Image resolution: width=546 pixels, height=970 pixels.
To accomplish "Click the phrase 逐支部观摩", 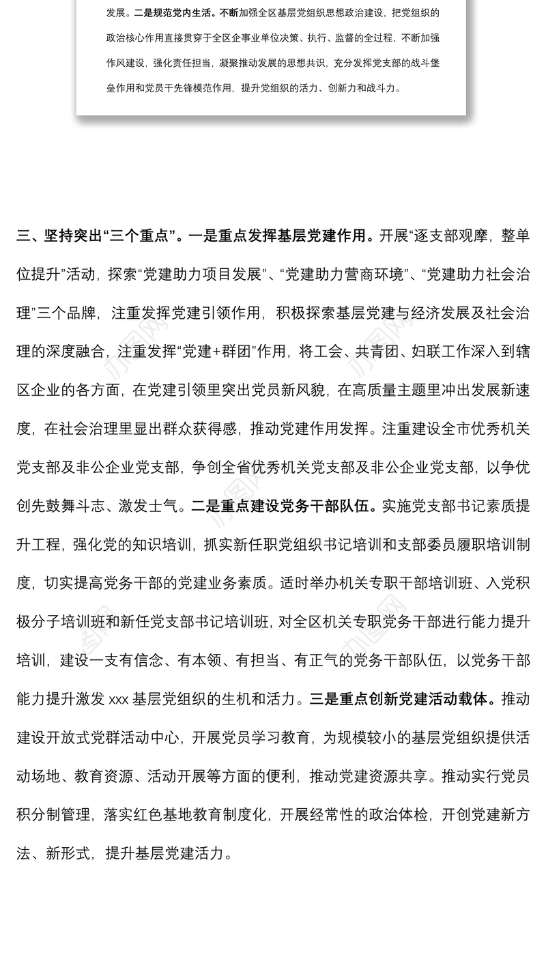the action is point(451,236).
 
